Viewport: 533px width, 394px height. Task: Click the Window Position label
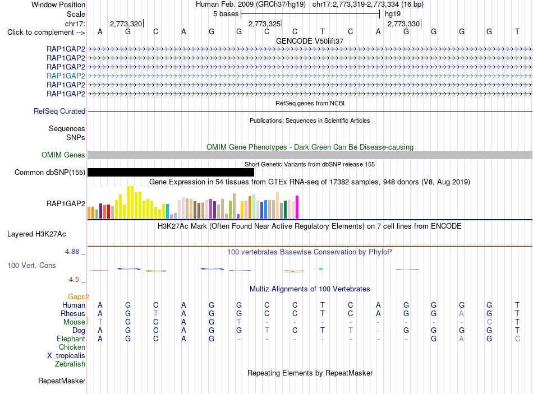click(58, 4)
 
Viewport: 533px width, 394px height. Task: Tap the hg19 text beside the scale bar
click(393, 14)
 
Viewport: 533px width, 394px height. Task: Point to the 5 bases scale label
click(226, 14)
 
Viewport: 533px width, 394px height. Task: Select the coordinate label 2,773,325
click(264, 24)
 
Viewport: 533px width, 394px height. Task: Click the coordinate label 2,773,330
click(403, 24)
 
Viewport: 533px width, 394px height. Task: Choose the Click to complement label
click(46, 33)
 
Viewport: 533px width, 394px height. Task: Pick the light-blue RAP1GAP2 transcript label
click(66, 76)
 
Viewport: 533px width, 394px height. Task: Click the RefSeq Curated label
click(59, 111)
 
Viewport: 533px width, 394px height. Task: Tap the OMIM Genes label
click(63, 155)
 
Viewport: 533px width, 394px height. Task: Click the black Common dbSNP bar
click(171, 172)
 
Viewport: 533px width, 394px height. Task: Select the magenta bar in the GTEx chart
click(297, 207)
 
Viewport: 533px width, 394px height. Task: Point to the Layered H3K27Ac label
click(36, 234)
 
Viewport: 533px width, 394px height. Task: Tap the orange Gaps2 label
click(79, 297)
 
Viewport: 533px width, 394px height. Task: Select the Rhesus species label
click(73, 313)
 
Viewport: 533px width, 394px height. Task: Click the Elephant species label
click(71, 339)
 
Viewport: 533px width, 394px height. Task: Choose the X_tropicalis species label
click(66, 356)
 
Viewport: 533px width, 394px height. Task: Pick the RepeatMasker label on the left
click(62, 381)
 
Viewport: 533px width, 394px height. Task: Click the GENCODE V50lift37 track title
click(310, 41)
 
